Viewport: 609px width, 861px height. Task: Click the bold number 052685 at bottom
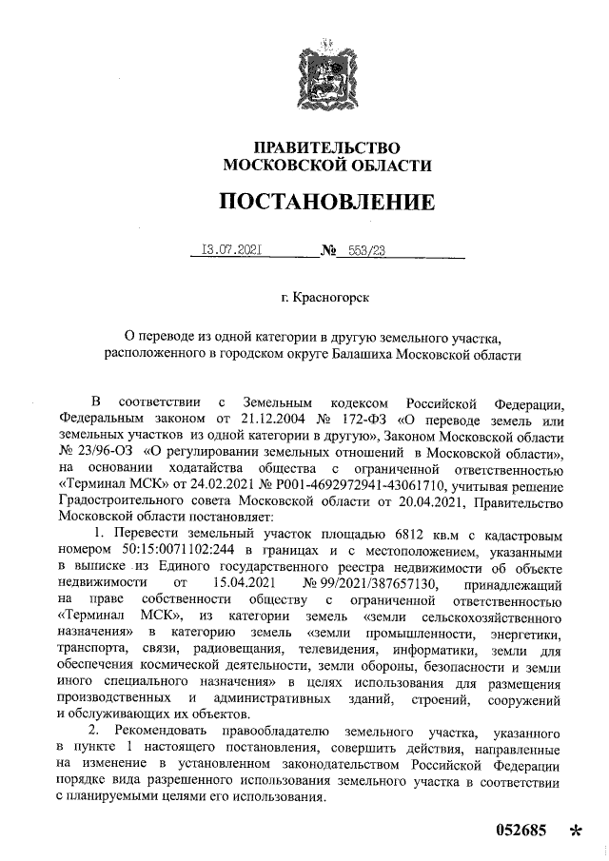(x=521, y=830)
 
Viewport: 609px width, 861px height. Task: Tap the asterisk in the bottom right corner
(x=575, y=832)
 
